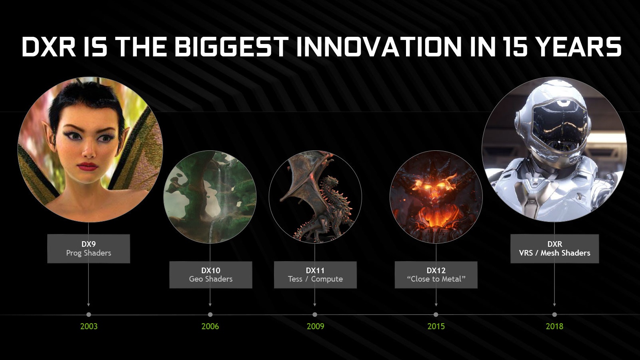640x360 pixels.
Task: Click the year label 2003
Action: [x=89, y=326]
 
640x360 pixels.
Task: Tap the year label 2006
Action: [x=210, y=326]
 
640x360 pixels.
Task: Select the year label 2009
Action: [x=316, y=326]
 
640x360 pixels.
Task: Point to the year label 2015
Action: [x=436, y=326]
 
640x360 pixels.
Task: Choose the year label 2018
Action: [x=554, y=326]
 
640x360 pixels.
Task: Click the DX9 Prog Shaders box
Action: [x=88, y=248]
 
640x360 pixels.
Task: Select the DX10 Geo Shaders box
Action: [x=211, y=274]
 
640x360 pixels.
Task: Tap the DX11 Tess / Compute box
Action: [x=316, y=274]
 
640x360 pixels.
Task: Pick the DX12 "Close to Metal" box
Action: [x=436, y=274]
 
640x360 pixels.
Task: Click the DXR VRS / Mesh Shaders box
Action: [x=554, y=248]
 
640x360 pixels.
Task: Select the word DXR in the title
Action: [x=48, y=46]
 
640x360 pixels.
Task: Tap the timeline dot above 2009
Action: [x=314, y=314]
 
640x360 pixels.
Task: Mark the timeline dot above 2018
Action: [x=554, y=314]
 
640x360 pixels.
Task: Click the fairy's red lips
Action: [x=88, y=166]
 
